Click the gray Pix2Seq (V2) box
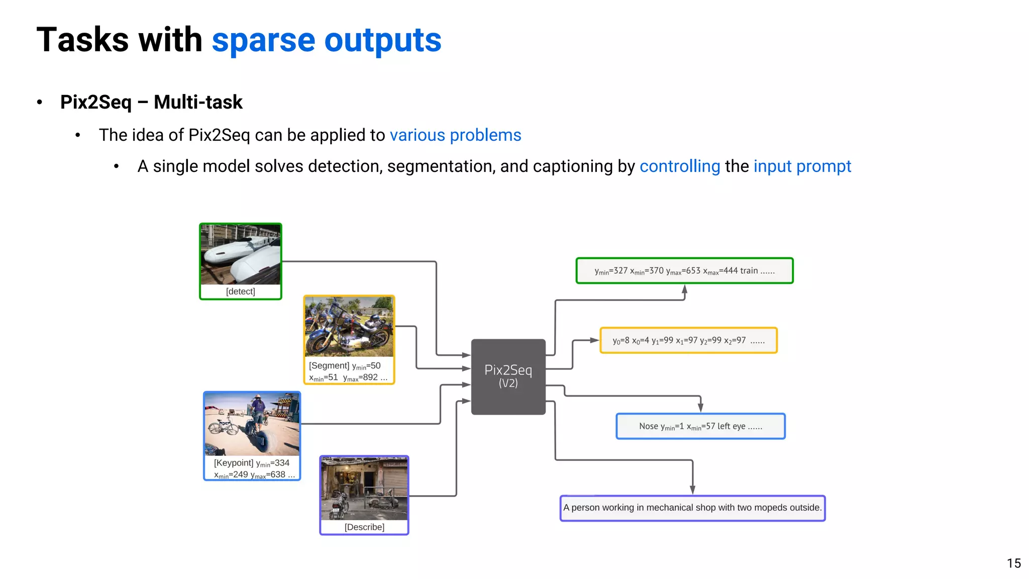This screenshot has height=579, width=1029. [x=508, y=376]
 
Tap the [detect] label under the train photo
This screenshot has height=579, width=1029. [x=240, y=292]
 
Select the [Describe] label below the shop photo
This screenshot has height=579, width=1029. [x=364, y=527]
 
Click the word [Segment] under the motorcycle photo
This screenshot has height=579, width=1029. [x=329, y=365]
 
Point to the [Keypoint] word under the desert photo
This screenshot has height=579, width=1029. [x=233, y=462]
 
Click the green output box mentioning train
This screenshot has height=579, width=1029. [x=684, y=271]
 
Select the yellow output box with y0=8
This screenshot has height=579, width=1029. [x=688, y=340]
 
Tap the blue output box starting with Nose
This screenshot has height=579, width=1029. [x=700, y=426]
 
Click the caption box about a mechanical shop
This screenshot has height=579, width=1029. [x=692, y=508]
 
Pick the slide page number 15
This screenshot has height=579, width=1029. [x=1013, y=563]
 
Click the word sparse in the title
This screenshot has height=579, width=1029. [x=263, y=40]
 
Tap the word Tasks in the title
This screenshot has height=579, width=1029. [x=83, y=40]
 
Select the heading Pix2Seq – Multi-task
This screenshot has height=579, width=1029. [x=151, y=102]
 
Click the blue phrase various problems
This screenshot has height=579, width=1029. [x=455, y=135]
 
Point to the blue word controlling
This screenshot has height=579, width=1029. [x=679, y=166]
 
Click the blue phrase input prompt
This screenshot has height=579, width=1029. [x=802, y=166]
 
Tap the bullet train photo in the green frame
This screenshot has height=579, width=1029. [x=240, y=254]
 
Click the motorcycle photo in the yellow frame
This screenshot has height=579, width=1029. [x=349, y=326]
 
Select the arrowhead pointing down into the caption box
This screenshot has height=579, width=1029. [x=692, y=490]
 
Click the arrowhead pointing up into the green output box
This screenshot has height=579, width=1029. [x=684, y=289]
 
